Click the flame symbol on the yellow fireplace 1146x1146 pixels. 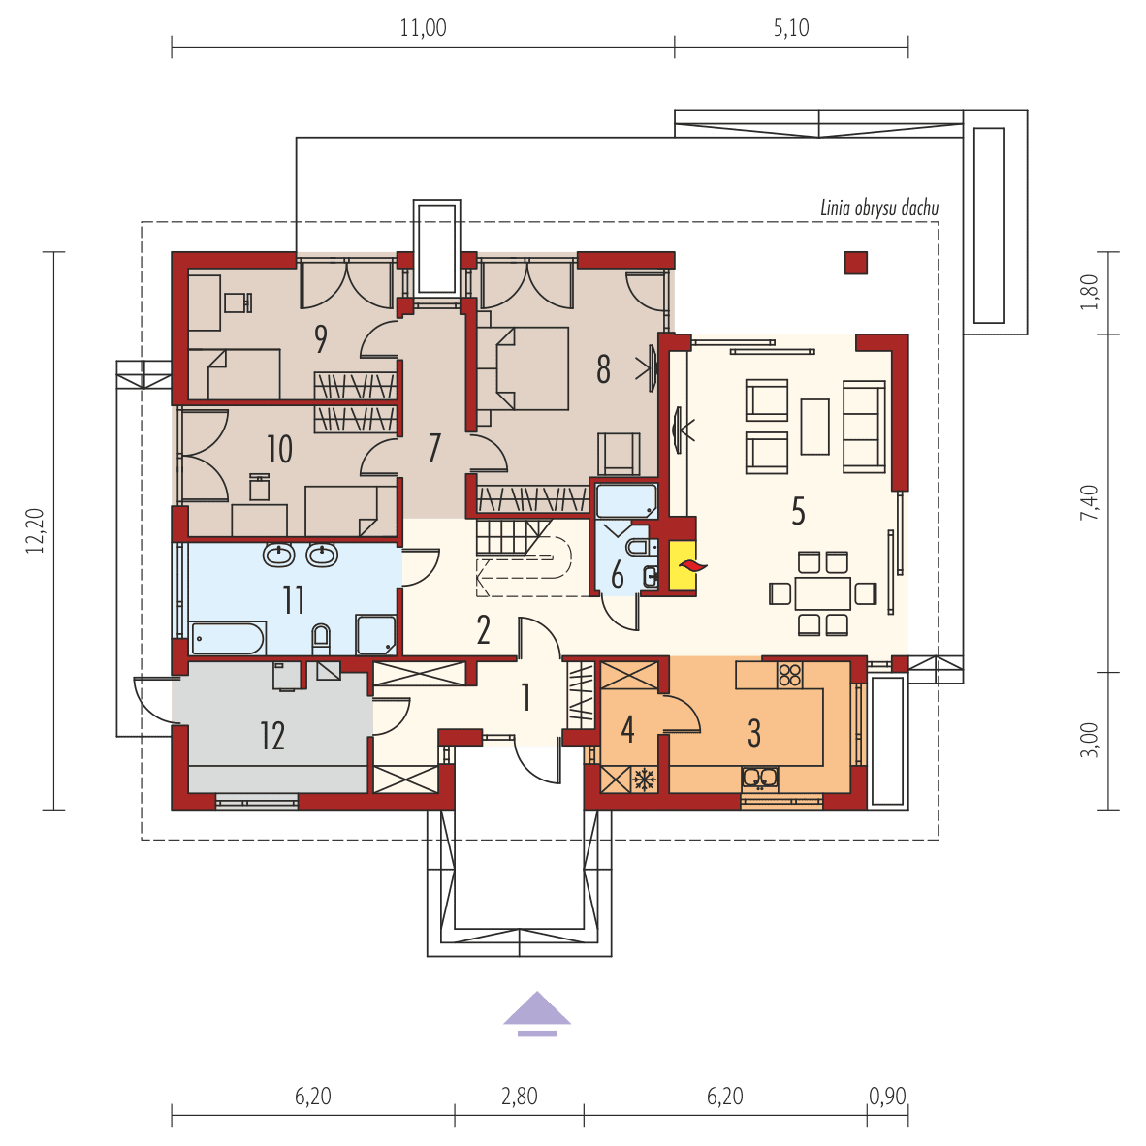689,565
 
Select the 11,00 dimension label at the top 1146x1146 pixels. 423,28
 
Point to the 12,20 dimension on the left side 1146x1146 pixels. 35,530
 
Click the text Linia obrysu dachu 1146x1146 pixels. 879,208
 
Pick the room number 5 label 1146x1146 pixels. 798,511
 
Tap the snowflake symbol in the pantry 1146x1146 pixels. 644,780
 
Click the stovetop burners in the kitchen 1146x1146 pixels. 790,675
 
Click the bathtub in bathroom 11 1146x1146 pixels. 227,639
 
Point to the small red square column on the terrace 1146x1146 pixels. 856,263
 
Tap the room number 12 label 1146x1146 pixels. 271,735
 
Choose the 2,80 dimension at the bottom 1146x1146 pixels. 520,1097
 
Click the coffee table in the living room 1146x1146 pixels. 815,427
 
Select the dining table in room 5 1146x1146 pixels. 823,593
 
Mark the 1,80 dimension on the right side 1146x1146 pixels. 1089,292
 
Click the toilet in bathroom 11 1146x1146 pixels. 321,639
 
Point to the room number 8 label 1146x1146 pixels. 603,369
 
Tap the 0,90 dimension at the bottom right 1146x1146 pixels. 887,1097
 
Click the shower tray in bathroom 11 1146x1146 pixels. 376,635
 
